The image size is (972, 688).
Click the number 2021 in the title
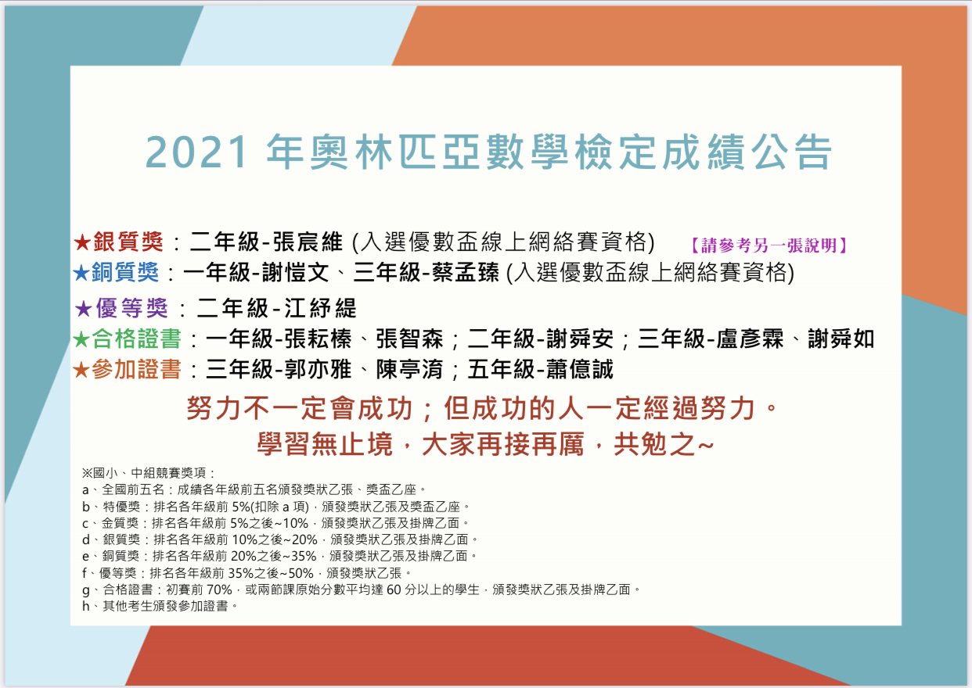pos(196,152)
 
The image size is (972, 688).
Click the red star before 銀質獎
pos(81,242)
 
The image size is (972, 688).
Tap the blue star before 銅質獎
pos(81,273)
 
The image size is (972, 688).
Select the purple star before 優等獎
pos(83,309)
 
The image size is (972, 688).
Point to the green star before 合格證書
pos(81,339)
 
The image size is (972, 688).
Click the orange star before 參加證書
pos(81,371)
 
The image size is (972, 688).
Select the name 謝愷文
pos(294,273)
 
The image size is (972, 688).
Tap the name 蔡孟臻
pos(466,273)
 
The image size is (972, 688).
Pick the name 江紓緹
pos(320,308)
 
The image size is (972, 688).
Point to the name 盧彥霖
pos(750,339)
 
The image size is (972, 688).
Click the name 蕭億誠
pos(579,369)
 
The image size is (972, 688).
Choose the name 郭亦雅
pos(318,369)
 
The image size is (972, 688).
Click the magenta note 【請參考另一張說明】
pos(769,245)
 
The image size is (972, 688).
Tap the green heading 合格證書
pos(136,339)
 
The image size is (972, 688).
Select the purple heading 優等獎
pos(132,308)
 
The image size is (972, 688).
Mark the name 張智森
pos(409,339)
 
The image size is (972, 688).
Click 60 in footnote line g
pos(394,589)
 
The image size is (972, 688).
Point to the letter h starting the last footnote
pos(86,606)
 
